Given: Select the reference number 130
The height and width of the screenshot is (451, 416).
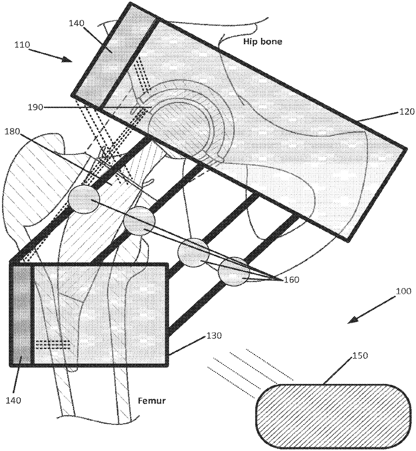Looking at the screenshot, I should click(x=214, y=336).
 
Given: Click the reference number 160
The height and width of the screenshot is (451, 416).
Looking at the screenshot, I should click(x=291, y=279).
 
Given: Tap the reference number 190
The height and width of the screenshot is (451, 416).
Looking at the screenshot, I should click(x=35, y=107).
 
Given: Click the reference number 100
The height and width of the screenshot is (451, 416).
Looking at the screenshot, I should click(x=403, y=291).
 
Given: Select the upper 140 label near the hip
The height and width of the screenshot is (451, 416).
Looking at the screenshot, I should click(x=77, y=23).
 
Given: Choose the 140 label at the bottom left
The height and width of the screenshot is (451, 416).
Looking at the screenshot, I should click(x=15, y=400).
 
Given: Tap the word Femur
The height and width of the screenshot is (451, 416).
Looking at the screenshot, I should click(x=152, y=400).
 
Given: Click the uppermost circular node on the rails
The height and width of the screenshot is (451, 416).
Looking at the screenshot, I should click(x=84, y=200).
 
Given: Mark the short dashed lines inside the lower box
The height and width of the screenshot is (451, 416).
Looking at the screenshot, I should click(x=52, y=345).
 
